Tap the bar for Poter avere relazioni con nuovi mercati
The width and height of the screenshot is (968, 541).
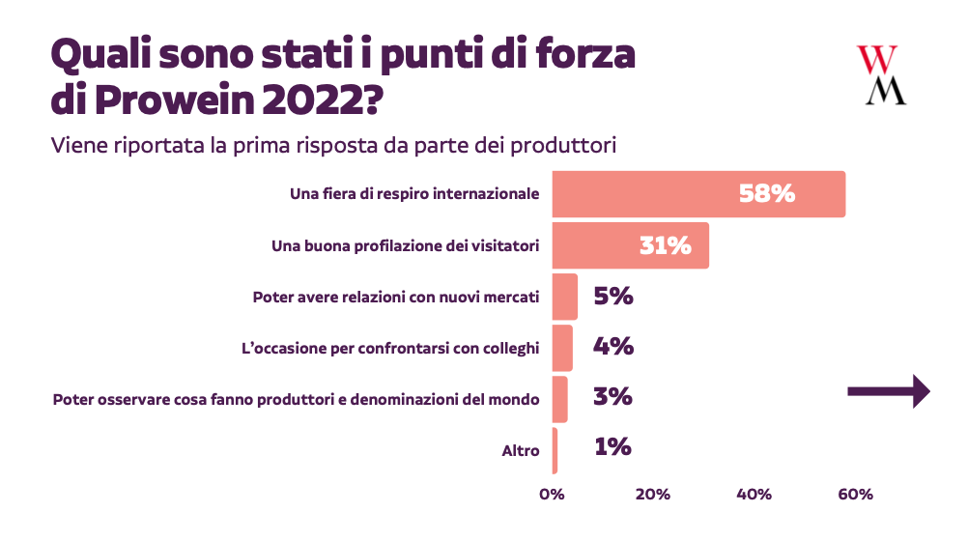[x=564, y=297]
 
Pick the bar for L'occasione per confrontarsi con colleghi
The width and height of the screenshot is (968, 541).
[x=562, y=348]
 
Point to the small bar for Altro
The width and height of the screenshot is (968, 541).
[x=555, y=450]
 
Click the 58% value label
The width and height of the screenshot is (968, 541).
[x=767, y=193]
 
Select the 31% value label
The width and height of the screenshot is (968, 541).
[x=666, y=245]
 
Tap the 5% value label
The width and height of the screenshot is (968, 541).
[x=613, y=297]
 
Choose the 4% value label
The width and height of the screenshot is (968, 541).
[x=613, y=347]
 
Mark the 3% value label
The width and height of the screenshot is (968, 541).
[x=612, y=397]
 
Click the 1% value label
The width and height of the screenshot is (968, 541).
[x=612, y=447]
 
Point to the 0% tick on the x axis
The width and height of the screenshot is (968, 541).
[x=552, y=495]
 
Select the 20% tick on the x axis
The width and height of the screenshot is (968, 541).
[x=653, y=495]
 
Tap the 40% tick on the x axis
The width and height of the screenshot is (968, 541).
[x=754, y=495]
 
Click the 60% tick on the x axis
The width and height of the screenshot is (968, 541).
[x=855, y=495]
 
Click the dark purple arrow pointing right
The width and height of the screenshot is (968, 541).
[x=888, y=391]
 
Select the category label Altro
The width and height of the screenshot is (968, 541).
[x=521, y=450]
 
